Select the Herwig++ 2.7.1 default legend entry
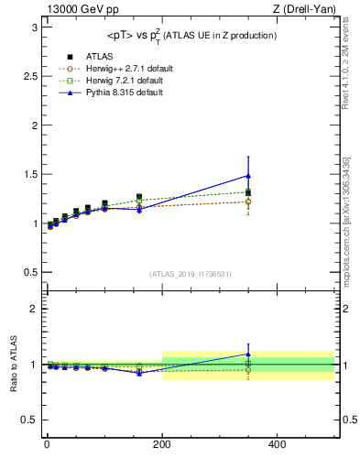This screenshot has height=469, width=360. point(114,69)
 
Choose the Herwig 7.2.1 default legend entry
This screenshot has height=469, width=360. point(111,81)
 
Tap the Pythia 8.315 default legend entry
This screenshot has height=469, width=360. point(109,93)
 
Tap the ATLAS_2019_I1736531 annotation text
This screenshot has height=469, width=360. point(190,274)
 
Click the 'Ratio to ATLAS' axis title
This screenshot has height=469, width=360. point(13,365)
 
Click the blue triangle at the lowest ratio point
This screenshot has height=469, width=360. point(139,373)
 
